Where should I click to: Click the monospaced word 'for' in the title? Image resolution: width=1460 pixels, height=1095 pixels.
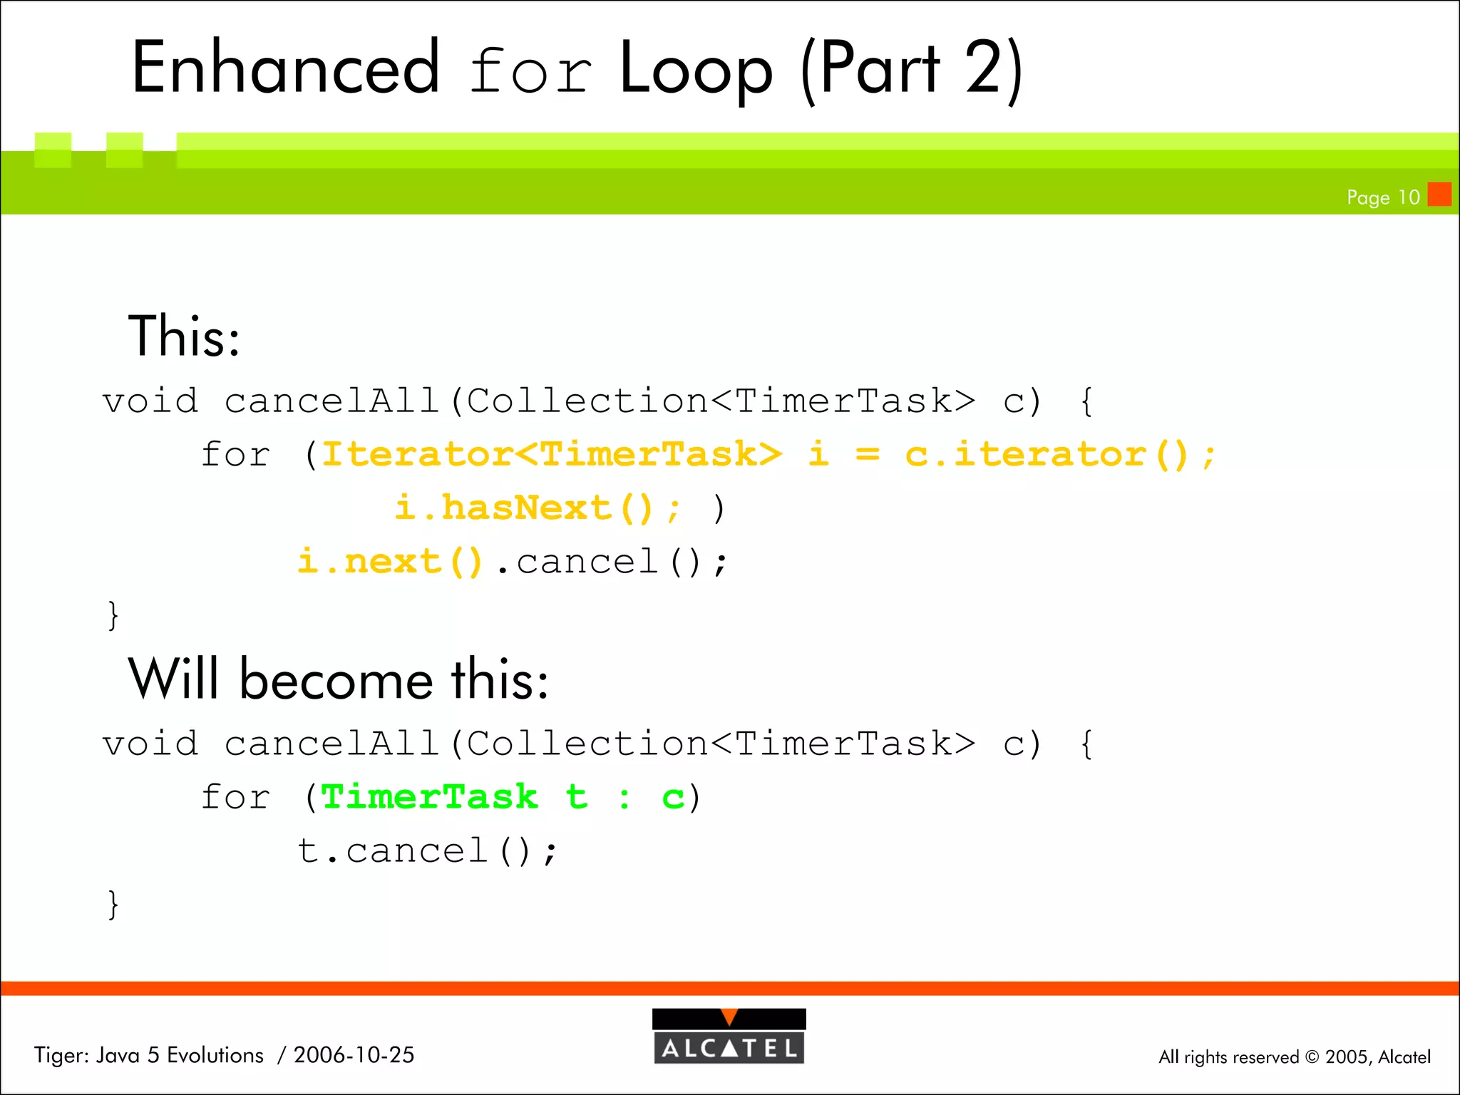tap(530, 71)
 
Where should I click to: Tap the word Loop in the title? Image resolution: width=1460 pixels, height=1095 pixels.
tap(696, 70)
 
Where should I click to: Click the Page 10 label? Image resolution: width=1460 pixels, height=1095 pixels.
tap(1382, 197)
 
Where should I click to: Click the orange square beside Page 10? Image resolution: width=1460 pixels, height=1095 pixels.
tap(1439, 194)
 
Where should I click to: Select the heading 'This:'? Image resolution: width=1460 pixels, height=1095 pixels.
tap(184, 336)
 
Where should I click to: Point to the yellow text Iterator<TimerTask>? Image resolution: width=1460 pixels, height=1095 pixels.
tap(552, 455)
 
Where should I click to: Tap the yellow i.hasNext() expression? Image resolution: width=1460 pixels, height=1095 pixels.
tap(523, 508)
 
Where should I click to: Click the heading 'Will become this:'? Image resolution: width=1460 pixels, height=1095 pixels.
tap(338, 679)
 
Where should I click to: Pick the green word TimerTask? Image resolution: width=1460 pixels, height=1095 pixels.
tap(429, 797)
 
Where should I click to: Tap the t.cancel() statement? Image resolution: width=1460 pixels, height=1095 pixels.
tap(426, 851)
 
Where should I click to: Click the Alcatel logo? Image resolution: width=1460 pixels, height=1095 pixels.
tap(729, 1037)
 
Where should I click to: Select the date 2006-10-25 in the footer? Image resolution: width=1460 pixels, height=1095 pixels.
tap(354, 1055)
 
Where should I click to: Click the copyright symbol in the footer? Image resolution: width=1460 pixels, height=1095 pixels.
tap(1312, 1057)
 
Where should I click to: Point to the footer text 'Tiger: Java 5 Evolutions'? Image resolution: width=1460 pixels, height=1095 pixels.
tap(149, 1055)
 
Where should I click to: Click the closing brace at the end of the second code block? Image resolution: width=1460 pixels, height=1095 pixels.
tap(113, 905)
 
